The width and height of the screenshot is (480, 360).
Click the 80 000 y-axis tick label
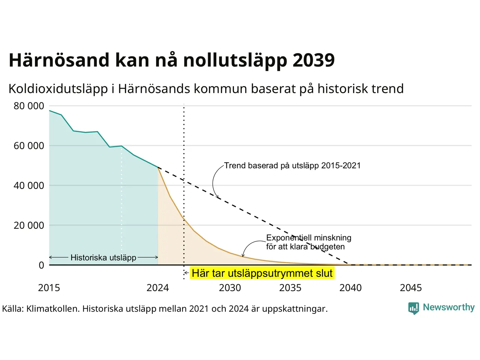point(29,106)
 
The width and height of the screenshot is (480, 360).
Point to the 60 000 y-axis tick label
point(29,146)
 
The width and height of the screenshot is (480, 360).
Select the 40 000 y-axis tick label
point(29,186)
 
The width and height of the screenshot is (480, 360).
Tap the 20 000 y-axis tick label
point(29,225)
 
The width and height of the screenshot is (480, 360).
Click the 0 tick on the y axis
point(41,265)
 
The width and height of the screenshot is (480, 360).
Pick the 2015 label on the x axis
point(49,288)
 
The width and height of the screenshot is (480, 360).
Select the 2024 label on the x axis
point(157,288)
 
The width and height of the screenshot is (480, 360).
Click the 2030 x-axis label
point(230,288)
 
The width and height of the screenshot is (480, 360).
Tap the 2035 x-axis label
point(290,288)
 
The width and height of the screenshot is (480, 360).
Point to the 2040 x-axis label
point(351,288)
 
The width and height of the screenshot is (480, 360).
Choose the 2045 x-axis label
point(411,288)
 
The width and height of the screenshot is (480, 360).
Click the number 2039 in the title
point(313,60)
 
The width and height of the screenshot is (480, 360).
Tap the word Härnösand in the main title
point(59,60)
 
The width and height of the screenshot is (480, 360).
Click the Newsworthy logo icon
point(414,308)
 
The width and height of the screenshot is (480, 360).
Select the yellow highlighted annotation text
point(262,273)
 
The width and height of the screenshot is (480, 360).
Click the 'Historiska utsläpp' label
point(103,258)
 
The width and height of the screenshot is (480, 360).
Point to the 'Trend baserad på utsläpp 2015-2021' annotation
point(292,166)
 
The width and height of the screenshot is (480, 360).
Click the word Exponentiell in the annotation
point(288,238)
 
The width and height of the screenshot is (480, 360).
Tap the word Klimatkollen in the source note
point(52,309)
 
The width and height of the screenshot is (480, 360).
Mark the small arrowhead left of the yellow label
point(186,273)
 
